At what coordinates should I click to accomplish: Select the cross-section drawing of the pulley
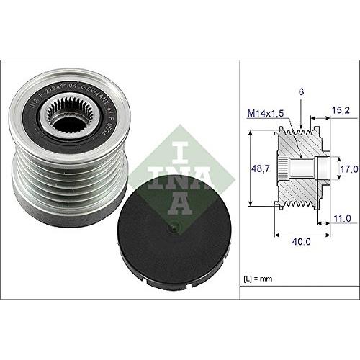tap(302, 169)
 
